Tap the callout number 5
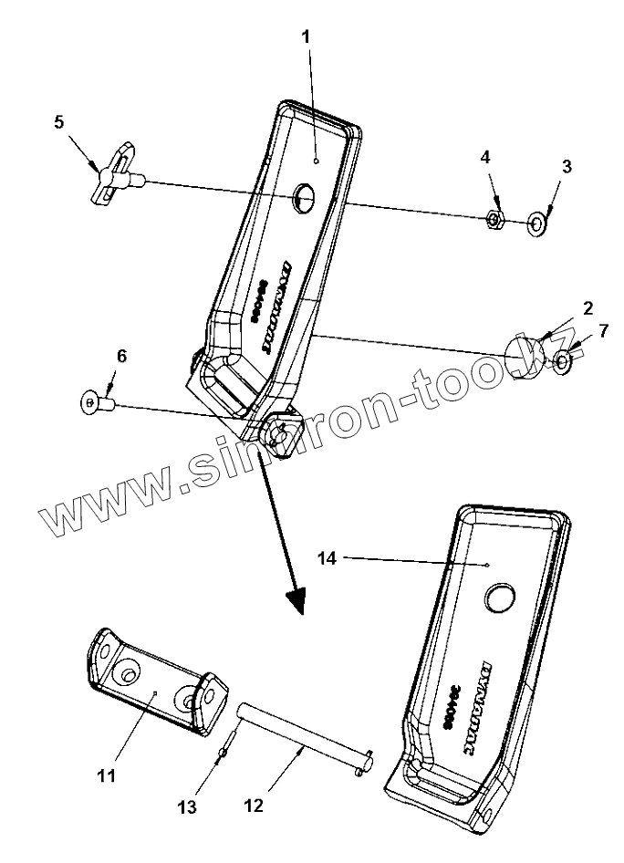(x=59, y=121)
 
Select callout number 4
(x=486, y=157)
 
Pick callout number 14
(x=328, y=558)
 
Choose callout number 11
(x=107, y=775)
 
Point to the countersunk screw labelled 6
(x=95, y=400)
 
